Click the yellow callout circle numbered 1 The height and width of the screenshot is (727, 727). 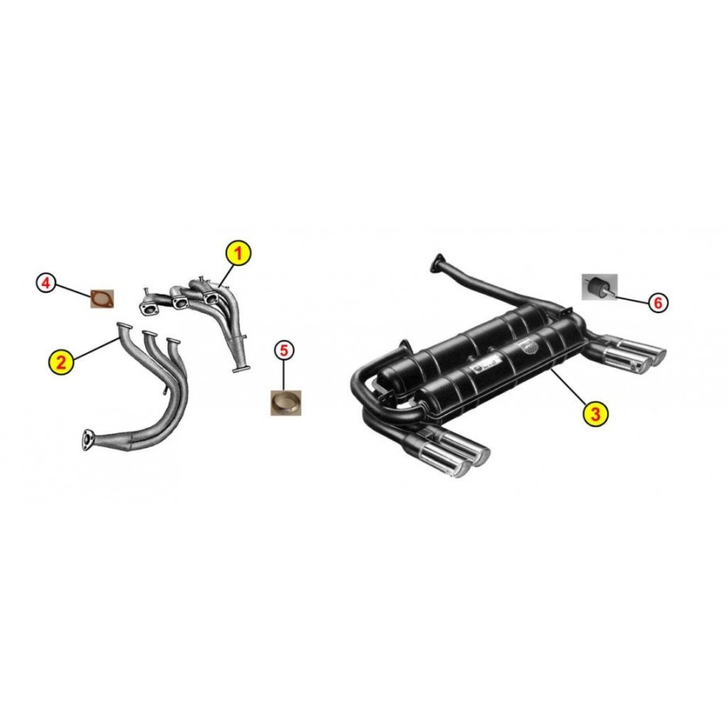238,253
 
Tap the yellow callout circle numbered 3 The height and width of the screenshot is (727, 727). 595,412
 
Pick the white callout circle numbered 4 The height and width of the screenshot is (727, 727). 46,282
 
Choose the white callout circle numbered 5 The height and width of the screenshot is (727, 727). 284,350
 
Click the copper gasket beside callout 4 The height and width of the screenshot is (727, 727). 102,299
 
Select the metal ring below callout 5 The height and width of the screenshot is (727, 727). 286,403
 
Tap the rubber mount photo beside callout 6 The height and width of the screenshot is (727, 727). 600,287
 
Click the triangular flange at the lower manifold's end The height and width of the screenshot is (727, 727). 87,439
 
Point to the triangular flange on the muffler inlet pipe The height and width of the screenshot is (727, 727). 437,262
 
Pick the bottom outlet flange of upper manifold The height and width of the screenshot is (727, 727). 241,369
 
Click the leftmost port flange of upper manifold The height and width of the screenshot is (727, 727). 149,309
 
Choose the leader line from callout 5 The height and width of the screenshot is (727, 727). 284,375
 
